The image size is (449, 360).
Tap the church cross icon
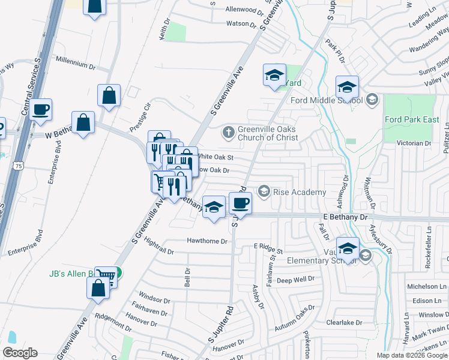[x=228, y=132]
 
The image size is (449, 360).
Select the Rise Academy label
[x=300, y=192]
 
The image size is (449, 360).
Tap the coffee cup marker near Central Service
[x=41, y=109]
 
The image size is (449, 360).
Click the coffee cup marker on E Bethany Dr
[x=240, y=203]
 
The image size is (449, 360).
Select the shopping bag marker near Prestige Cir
[x=109, y=95]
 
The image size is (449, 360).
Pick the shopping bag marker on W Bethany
[x=83, y=122]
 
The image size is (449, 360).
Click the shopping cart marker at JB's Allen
[x=106, y=277]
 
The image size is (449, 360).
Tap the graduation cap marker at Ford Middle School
[x=347, y=87]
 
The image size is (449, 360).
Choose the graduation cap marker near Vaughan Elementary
[x=348, y=248]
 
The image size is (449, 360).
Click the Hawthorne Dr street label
[x=207, y=241]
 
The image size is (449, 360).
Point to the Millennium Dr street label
[x=76, y=61]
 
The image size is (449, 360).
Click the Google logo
[x=20, y=353]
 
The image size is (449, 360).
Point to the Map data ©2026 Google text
[x=412, y=355]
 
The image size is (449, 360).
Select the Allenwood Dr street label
[x=244, y=10]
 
